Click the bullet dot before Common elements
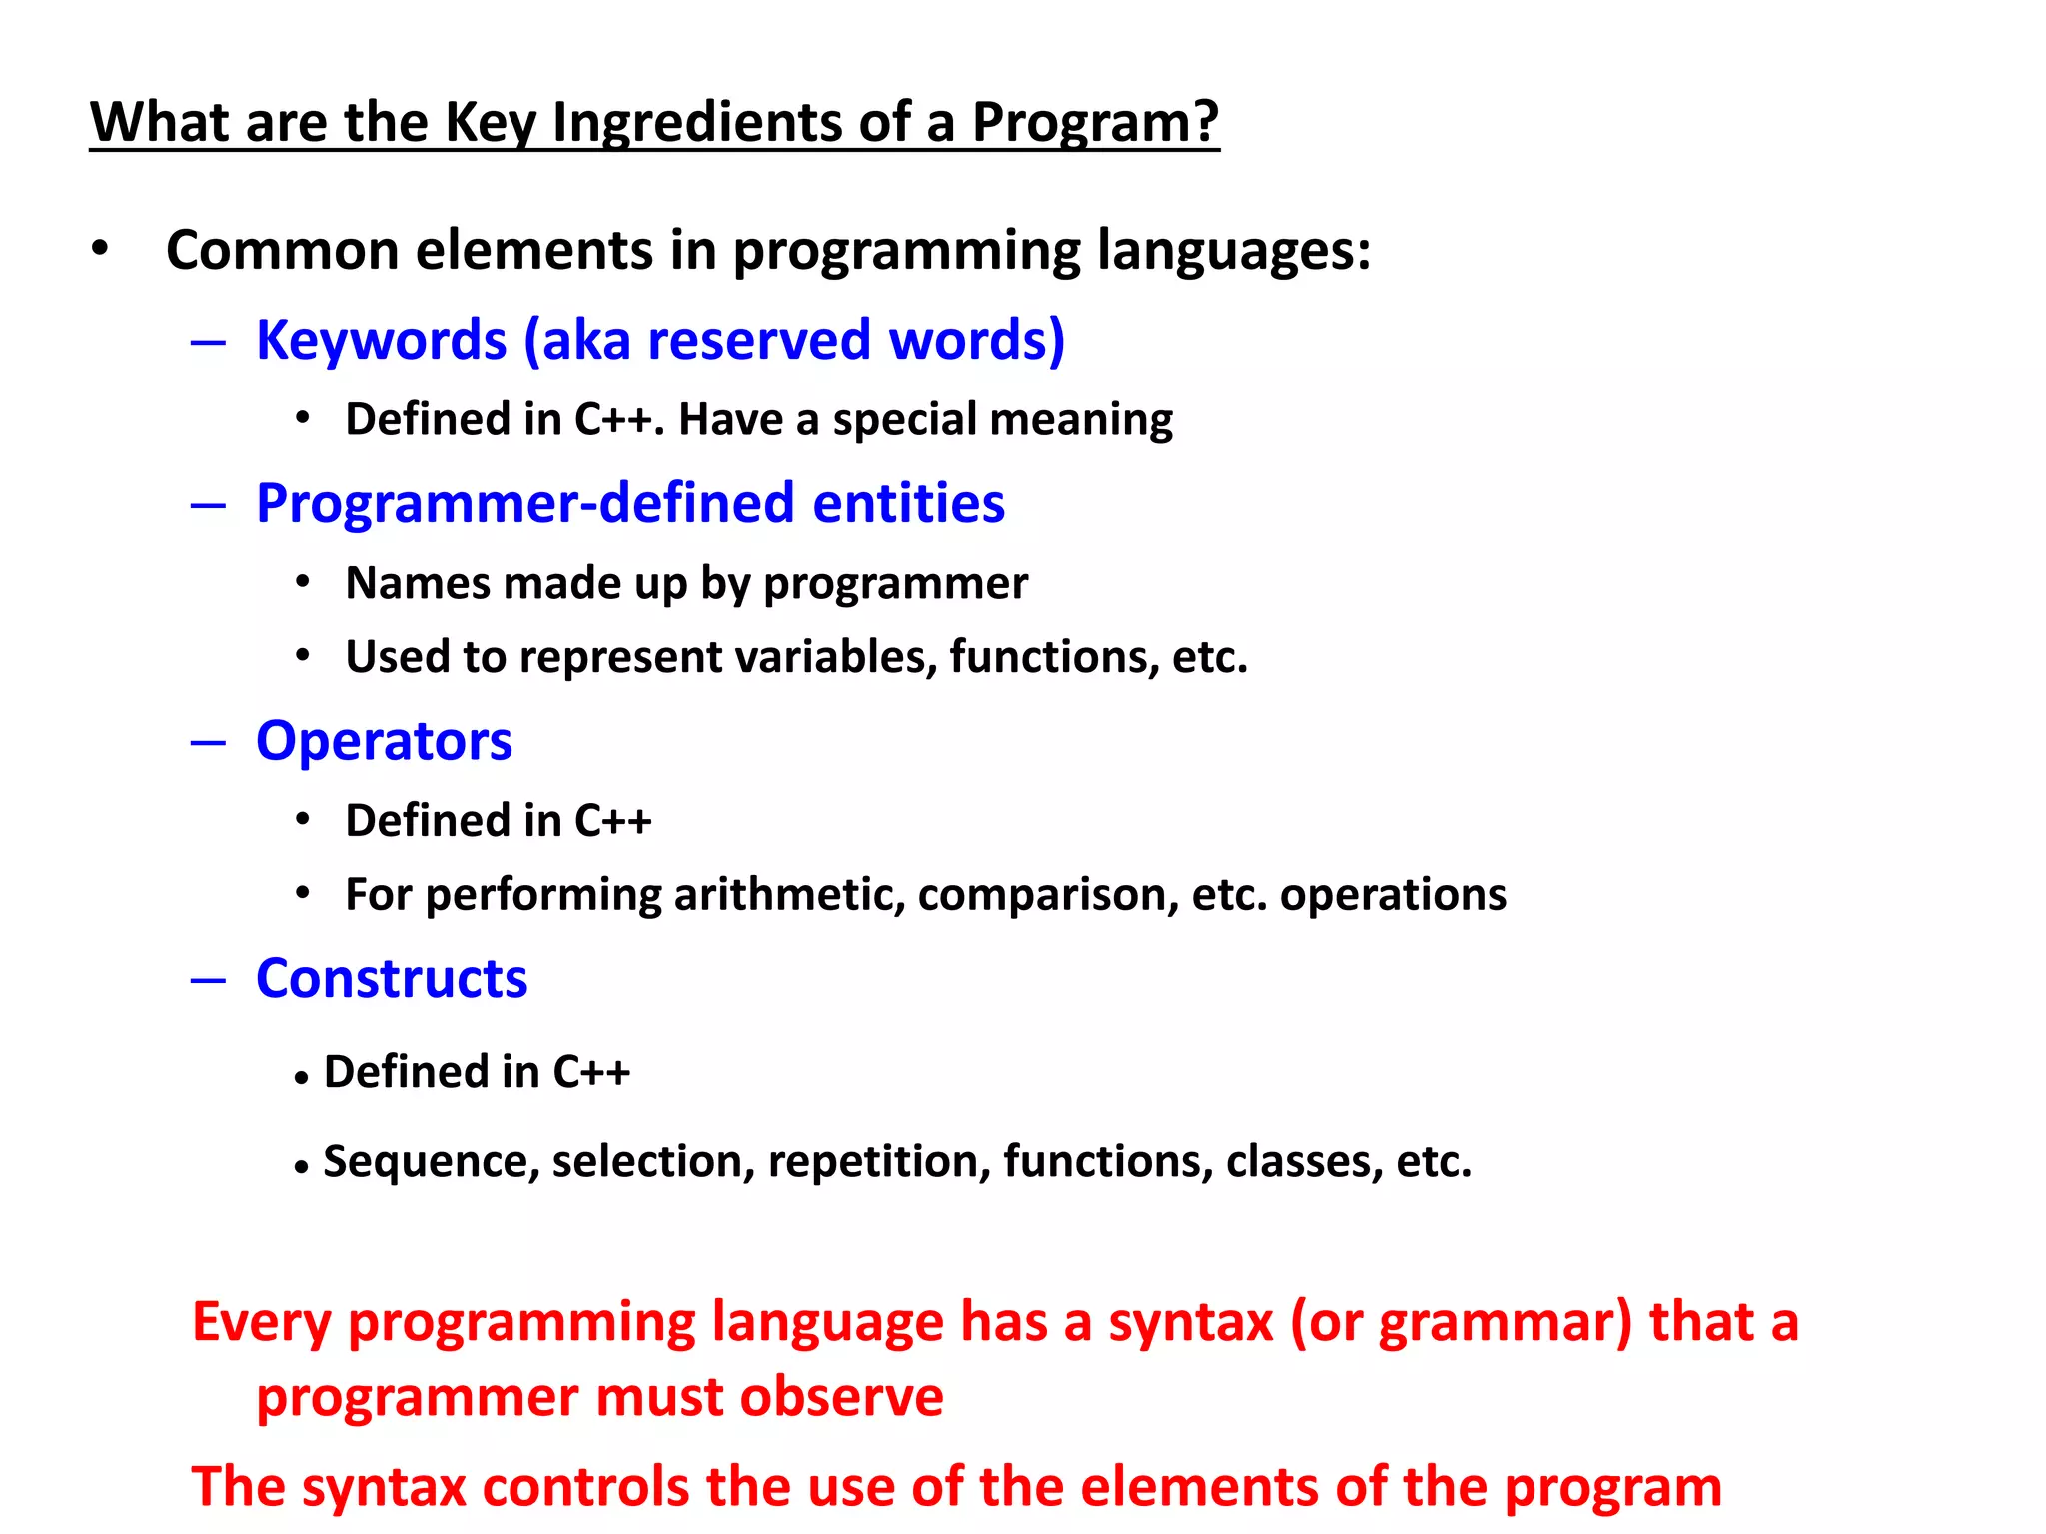99,249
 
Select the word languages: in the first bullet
1234,250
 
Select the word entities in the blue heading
908,503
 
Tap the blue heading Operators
384,741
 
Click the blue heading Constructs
392,978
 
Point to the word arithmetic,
789,894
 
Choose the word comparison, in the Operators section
1048,894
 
